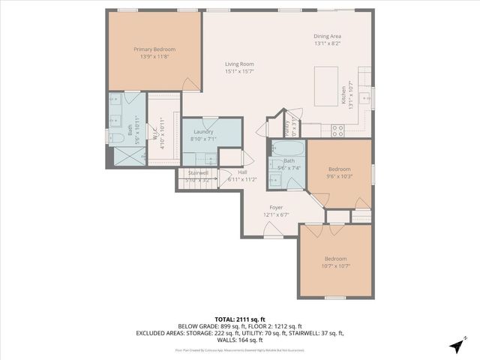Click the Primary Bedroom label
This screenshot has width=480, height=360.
[x=154, y=49]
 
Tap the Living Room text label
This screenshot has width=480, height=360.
[x=239, y=64]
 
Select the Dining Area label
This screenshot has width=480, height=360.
[x=328, y=36]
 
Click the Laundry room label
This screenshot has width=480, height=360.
[x=203, y=132]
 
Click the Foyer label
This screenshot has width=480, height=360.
[x=277, y=208]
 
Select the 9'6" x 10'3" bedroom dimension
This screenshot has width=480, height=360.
[x=340, y=176]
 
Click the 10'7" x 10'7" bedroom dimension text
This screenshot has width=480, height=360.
[x=335, y=265]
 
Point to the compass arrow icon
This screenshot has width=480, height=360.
[x=457, y=346]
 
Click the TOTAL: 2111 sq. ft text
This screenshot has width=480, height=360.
[x=239, y=319]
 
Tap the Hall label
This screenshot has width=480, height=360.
[x=243, y=172]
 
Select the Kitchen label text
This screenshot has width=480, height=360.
[x=344, y=94]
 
